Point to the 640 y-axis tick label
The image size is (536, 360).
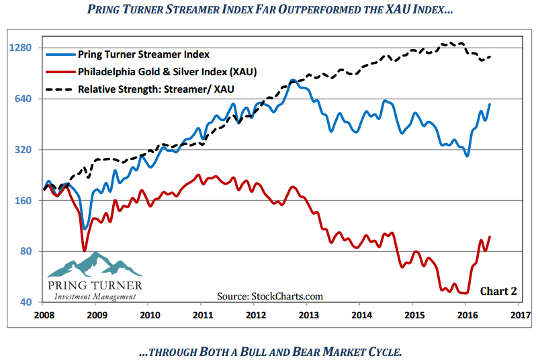coord(26,99)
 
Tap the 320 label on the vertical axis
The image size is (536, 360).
coord(26,150)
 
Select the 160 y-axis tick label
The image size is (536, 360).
coord(26,200)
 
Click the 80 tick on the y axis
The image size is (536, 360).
coord(28,251)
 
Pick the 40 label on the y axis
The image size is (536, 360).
coord(28,302)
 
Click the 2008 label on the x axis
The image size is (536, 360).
coord(44,314)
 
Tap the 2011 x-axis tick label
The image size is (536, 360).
coord(202,314)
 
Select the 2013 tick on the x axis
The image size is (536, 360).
coord(308,314)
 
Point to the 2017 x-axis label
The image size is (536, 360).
coord(520,314)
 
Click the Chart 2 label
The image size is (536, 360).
coord(498,291)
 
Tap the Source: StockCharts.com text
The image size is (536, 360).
coord(270,296)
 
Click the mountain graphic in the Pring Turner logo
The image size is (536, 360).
coord(93,265)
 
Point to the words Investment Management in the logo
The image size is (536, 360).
coord(94,297)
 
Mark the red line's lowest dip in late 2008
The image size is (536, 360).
coord(85,251)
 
